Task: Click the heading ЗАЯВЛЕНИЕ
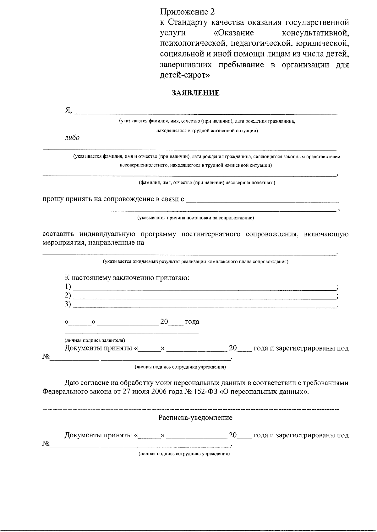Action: (195, 93)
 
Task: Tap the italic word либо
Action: (72, 138)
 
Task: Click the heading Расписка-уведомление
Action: (195, 418)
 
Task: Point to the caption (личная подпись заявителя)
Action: (95, 340)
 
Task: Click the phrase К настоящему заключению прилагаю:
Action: (127, 278)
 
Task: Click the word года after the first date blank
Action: (192, 322)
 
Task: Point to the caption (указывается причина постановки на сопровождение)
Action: (195, 218)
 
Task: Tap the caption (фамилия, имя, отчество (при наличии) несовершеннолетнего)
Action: (207, 182)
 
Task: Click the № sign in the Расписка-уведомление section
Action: (46, 444)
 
